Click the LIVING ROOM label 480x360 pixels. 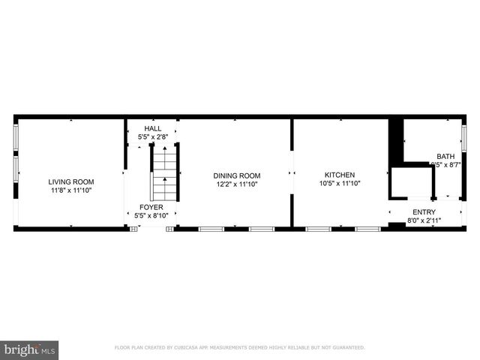71,181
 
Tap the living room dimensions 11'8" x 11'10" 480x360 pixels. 71,190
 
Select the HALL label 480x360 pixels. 152,128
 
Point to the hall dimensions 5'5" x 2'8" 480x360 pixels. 152,137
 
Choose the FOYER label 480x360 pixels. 151,207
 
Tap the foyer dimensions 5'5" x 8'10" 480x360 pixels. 151,216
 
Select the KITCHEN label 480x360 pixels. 339,175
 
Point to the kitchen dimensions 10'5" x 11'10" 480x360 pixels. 339,183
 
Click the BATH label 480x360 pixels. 445,157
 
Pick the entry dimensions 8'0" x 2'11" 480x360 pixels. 424,220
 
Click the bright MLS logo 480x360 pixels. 30,349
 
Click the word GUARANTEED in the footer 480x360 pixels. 348,348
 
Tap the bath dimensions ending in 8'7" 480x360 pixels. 445,165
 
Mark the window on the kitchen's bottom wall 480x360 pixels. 318,228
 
